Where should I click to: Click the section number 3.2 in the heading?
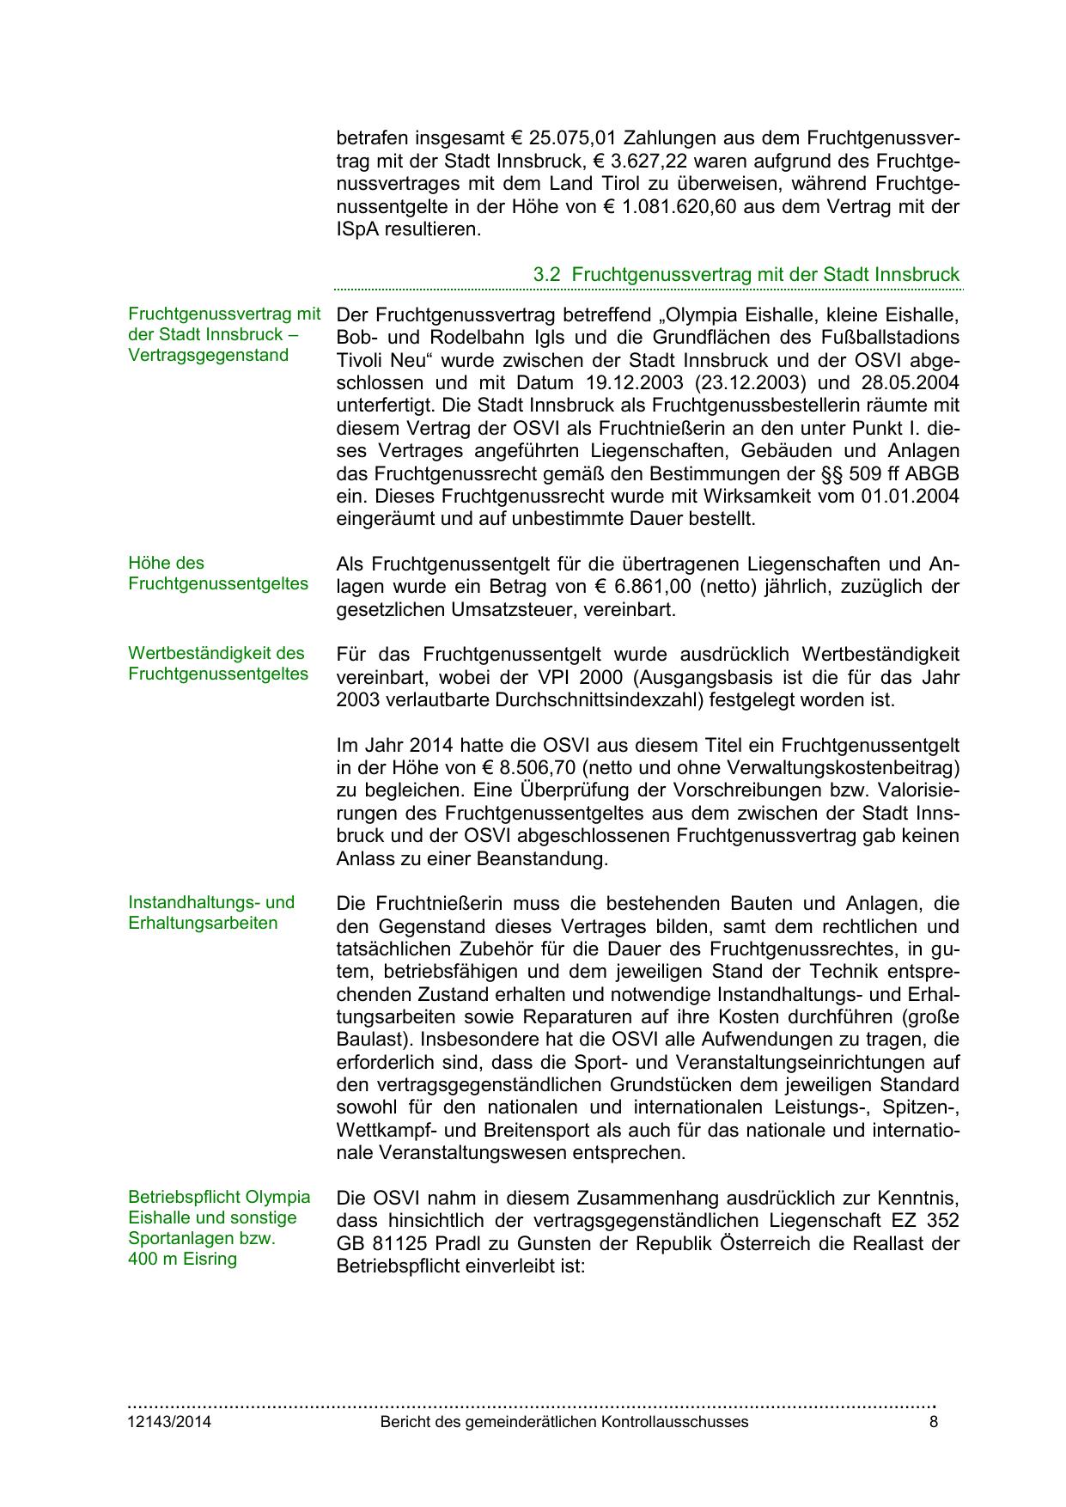tap(547, 275)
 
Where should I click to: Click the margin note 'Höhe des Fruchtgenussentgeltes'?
tap(217, 574)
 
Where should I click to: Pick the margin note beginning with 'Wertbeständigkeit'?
tap(217, 663)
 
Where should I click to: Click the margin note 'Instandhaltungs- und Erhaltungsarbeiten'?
tap(210, 912)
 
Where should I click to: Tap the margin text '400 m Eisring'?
tap(182, 1260)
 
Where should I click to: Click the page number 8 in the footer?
tap(934, 1422)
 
